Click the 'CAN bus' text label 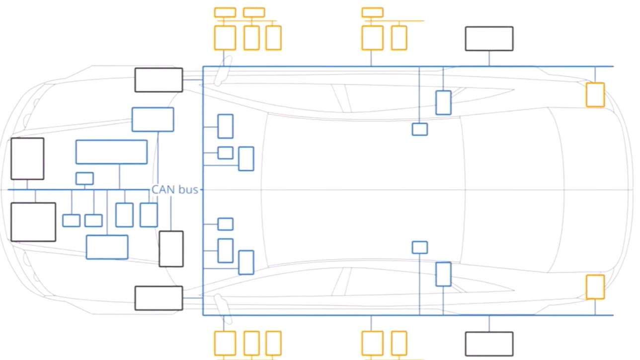pyautogui.click(x=174, y=190)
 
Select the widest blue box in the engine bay pyautogui.click(x=111, y=152)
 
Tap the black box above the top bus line pyautogui.click(x=489, y=39)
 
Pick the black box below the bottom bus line pyautogui.click(x=489, y=344)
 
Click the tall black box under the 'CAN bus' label pyautogui.click(x=171, y=249)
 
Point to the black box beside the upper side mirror pyautogui.click(x=159, y=80)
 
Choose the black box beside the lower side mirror pyautogui.click(x=159, y=298)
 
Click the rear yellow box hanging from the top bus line pyautogui.click(x=595, y=95)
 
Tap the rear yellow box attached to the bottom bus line pyautogui.click(x=595, y=287)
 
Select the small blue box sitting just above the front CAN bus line pyautogui.click(x=84, y=178)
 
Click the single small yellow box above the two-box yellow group pyautogui.click(x=372, y=12)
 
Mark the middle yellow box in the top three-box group pyautogui.click(x=252, y=38)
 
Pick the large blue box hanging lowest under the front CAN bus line pyautogui.click(x=107, y=247)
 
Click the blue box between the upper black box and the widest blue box pyautogui.click(x=153, y=120)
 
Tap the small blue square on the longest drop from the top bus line pyautogui.click(x=420, y=129)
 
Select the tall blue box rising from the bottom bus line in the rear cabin pyautogui.click(x=443, y=274)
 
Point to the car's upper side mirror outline pyautogui.click(x=223, y=71)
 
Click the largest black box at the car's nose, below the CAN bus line pyautogui.click(x=33, y=222)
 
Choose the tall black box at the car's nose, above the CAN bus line pyautogui.click(x=27, y=159)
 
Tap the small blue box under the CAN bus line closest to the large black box pyautogui.click(x=71, y=220)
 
